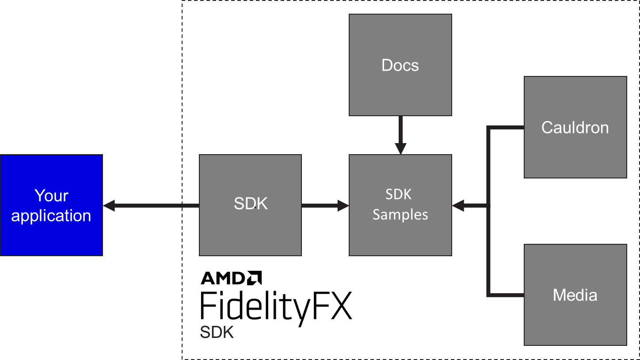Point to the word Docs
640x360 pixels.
click(x=400, y=65)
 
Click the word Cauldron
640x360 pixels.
click(x=575, y=128)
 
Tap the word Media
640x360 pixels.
click(x=575, y=295)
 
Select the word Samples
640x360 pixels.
click(x=400, y=215)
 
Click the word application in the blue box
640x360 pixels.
click(x=51, y=216)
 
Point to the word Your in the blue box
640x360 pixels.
click(x=51, y=196)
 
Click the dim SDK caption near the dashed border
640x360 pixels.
click(x=217, y=332)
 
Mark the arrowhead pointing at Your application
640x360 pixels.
click(x=109, y=205)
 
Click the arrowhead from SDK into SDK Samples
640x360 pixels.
click(x=343, y=205)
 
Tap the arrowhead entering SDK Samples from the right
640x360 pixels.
click(x=458, y=205)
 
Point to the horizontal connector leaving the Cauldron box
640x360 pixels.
click(x=506, y=128)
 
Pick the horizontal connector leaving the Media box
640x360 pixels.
click(x=506, y=295)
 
